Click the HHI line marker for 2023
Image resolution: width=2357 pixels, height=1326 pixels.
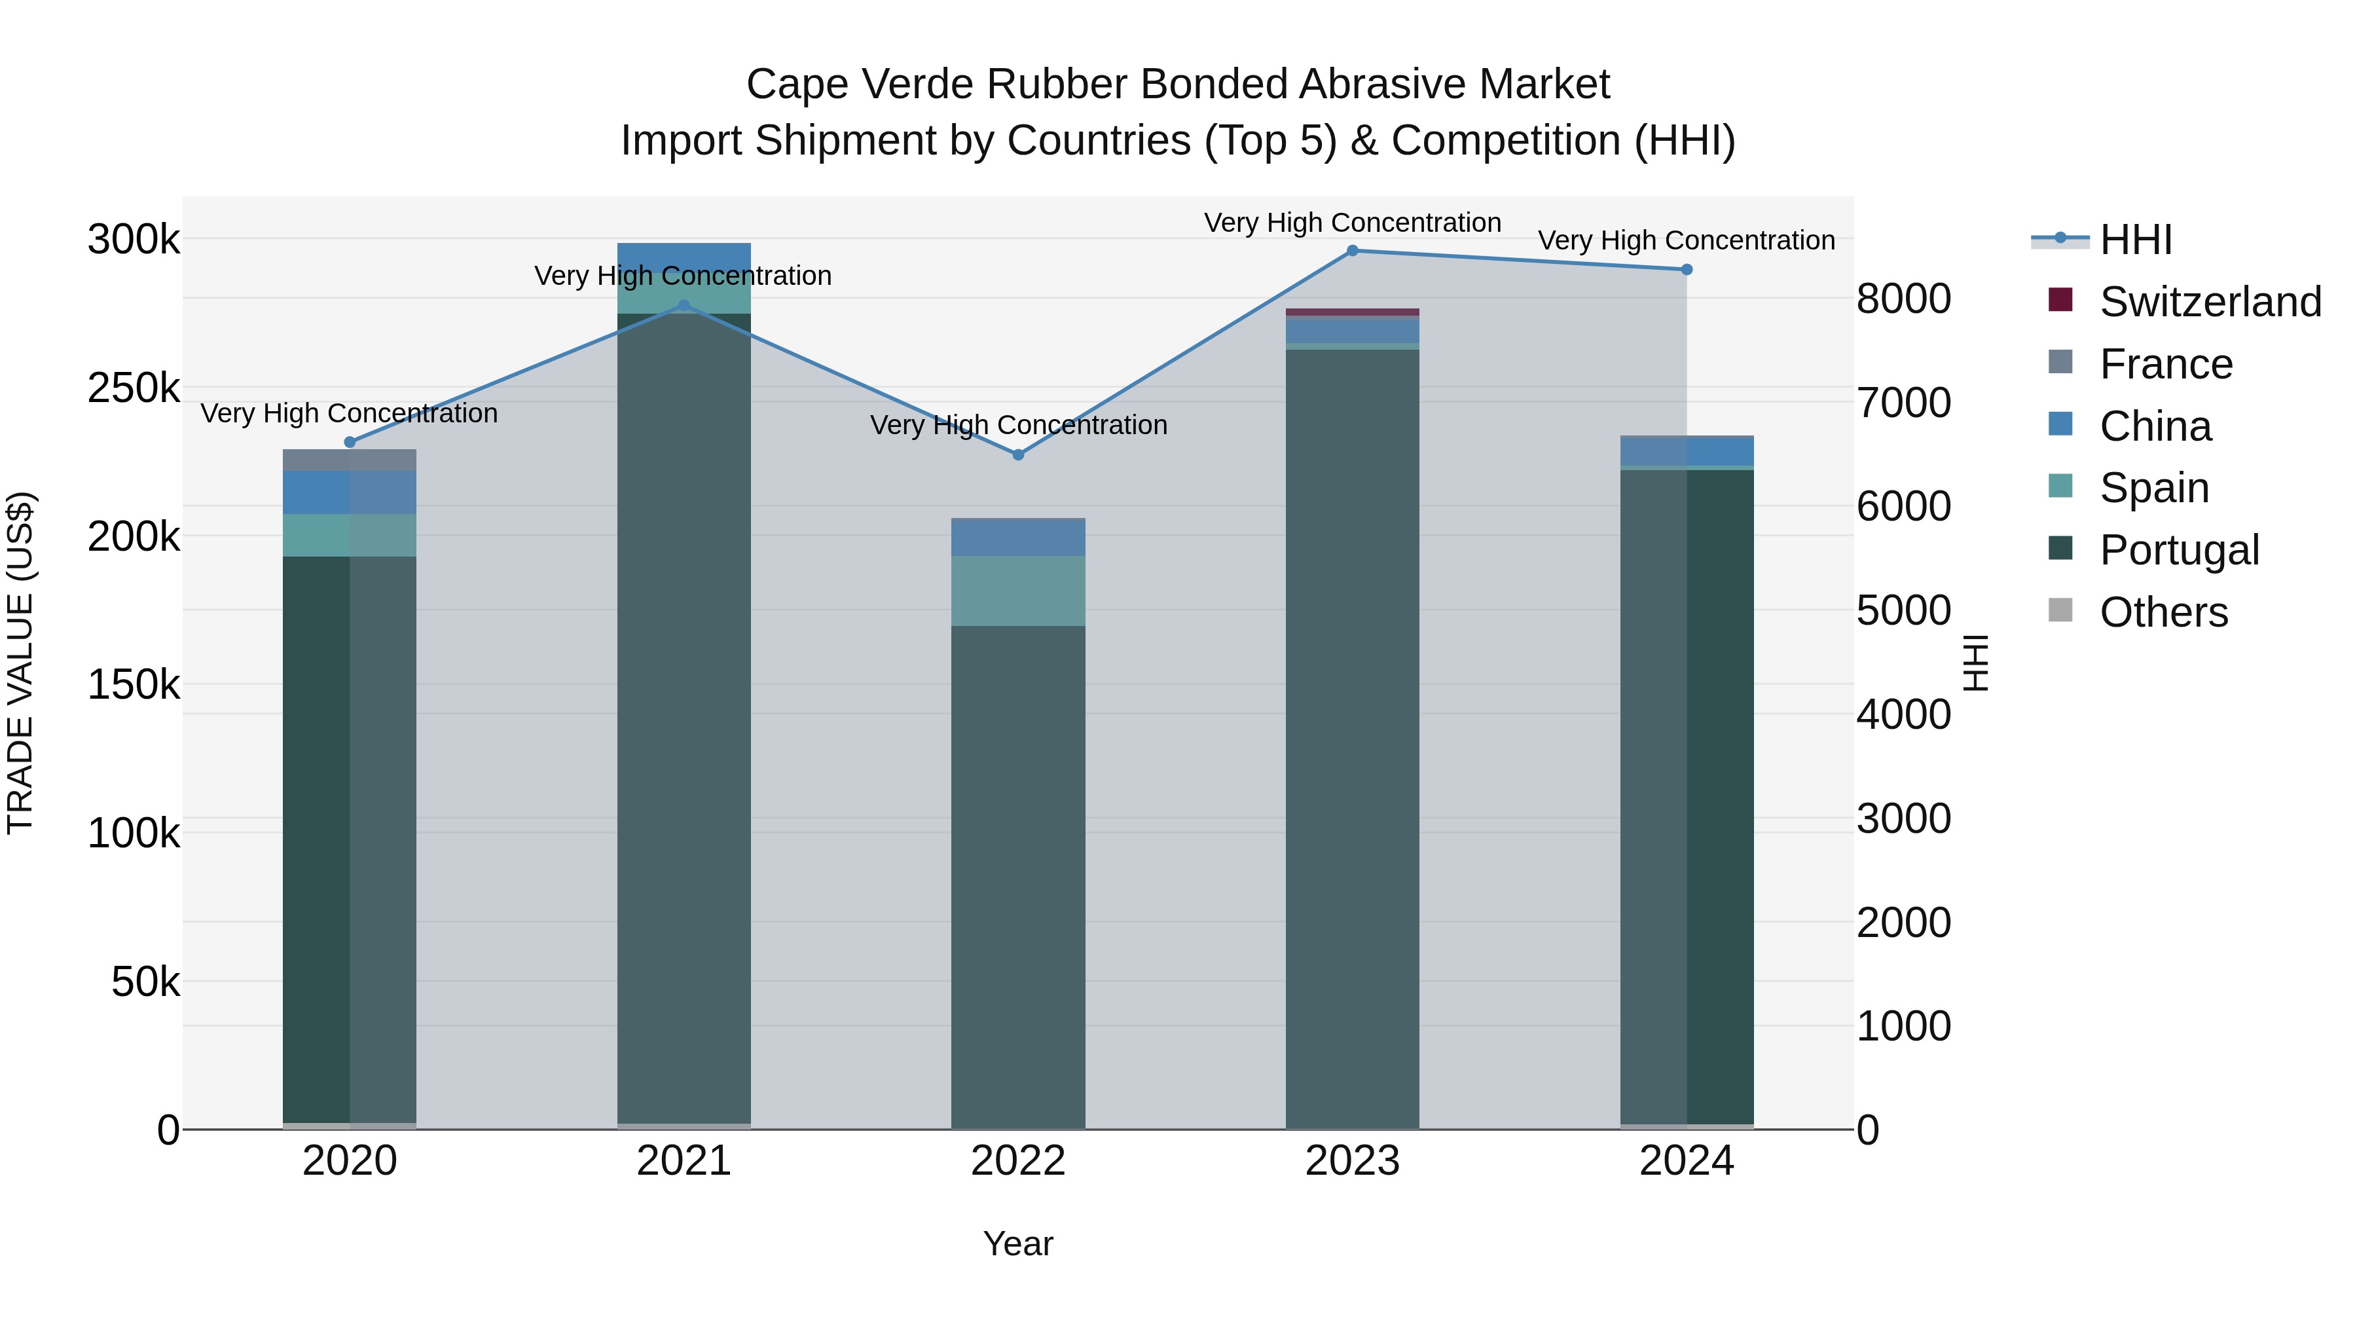[x=1353, y=251]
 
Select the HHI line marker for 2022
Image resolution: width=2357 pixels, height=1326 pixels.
[x=1018, y=455]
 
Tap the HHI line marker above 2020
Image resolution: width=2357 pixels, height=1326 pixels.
[x=350, y=442]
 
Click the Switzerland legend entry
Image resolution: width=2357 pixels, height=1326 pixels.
[x=2210, y=302]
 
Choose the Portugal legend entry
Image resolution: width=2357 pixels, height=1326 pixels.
[x=2178, y=550]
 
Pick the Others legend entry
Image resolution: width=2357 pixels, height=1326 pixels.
[x=2163, y=612]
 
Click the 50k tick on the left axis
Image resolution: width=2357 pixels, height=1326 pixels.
[x=145, y=982]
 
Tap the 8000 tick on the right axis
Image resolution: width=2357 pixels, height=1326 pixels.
[x=1903, y=299]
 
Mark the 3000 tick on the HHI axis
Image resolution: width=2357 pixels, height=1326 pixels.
[x=1903, y=818]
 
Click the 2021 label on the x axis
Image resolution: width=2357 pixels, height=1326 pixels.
[x=684, y=1161]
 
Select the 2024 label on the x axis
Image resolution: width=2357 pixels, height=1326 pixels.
[x=1687, y=1161]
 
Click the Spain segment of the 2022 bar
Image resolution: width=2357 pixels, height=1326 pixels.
[x=1018, y=591]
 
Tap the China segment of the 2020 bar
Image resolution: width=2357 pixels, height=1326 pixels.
[x=350, y=492]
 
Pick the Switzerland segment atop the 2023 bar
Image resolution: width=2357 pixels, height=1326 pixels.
[x=1353, y=312]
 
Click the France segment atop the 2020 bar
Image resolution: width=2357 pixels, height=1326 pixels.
[x=350, y=460]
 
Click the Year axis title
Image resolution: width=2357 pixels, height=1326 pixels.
[x=1017, y=1245]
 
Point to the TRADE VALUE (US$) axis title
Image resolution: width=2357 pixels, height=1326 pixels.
[x=20, y=663]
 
